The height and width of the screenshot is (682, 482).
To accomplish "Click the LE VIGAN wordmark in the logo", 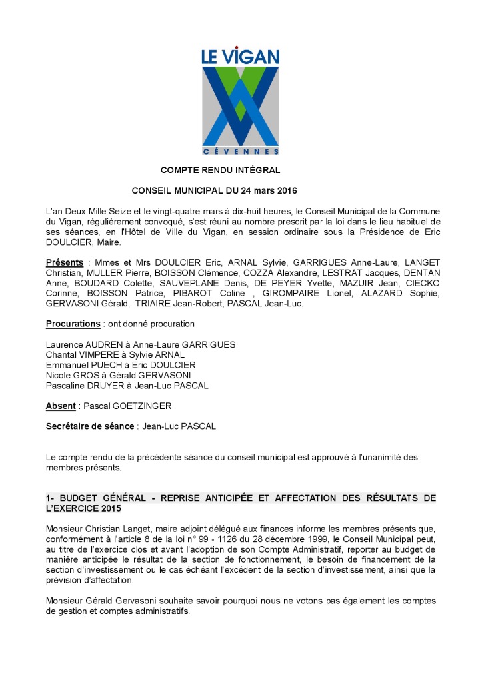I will tap(240, 57).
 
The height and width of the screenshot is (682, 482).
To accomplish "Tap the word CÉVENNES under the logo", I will tap(241, 151).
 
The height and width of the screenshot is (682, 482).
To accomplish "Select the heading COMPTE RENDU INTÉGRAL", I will tap(220, 170).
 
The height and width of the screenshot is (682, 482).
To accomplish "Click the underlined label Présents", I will tap(65, 262).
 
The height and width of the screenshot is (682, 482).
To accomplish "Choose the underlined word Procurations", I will tap(73, 324).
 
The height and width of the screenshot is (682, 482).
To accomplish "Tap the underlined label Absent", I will tap(61, 406).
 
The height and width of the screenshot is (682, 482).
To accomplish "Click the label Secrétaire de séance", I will tap(90, 426).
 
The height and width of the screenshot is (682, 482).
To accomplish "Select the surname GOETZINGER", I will tap(145, 406).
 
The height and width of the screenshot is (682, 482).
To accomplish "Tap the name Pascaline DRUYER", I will tap(83, 386).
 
